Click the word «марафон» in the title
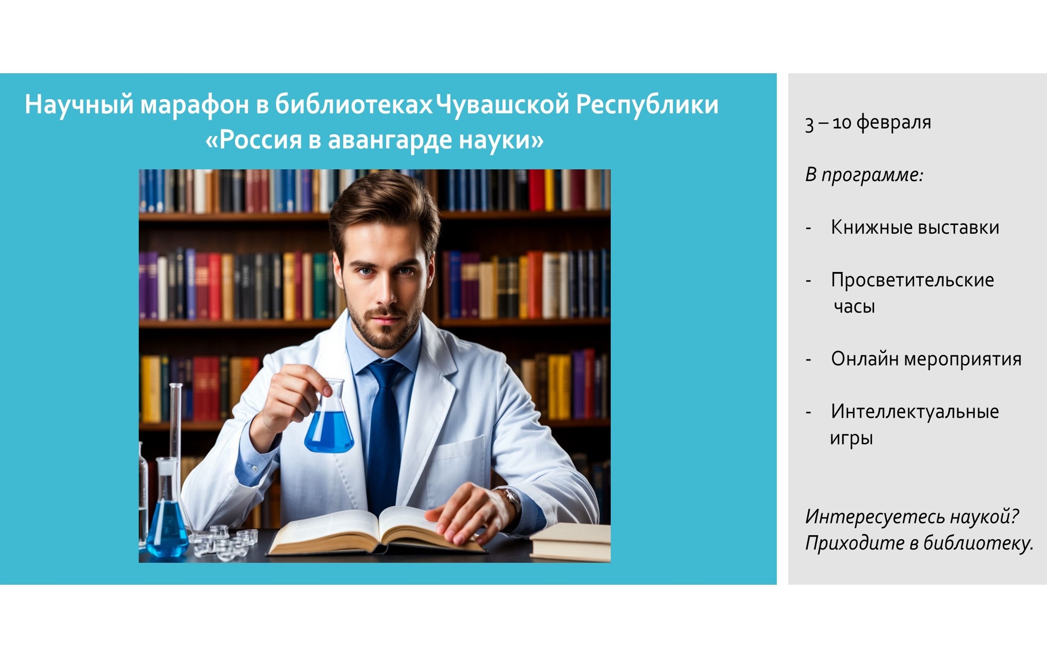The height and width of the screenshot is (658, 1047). (194, 105)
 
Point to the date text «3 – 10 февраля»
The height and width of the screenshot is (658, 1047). (868, 122)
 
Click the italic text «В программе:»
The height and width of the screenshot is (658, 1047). (864, 175)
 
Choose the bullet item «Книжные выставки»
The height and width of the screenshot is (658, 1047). (915, 228)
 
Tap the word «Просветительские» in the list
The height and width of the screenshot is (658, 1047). (912, 280)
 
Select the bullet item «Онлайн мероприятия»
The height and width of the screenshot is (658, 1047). (926, 359)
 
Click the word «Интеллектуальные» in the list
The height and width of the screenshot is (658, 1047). (915, 412)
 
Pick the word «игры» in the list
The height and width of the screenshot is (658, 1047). (851, 438)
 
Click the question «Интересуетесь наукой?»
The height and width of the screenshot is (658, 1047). (911, 517)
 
